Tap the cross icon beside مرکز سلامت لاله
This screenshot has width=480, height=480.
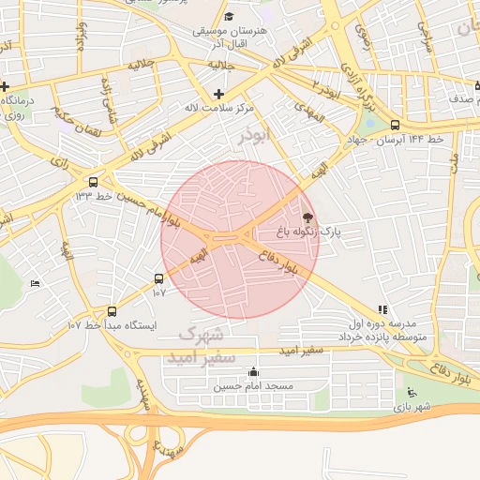click(218, 94)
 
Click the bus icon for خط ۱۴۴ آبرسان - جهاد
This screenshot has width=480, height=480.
click(394, 124)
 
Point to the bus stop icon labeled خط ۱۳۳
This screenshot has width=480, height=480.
click(92, 182)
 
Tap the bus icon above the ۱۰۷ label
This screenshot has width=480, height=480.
click(158, 278)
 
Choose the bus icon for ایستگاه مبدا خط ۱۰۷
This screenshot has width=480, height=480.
click(112, 311)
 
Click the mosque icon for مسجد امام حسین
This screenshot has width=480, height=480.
click(252, 372)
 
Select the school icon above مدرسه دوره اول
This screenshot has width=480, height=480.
click(382, 309)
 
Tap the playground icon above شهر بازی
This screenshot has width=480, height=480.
click(410, 393)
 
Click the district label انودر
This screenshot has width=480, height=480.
click(254, 136)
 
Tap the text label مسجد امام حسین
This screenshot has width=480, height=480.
click(252, 386)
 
